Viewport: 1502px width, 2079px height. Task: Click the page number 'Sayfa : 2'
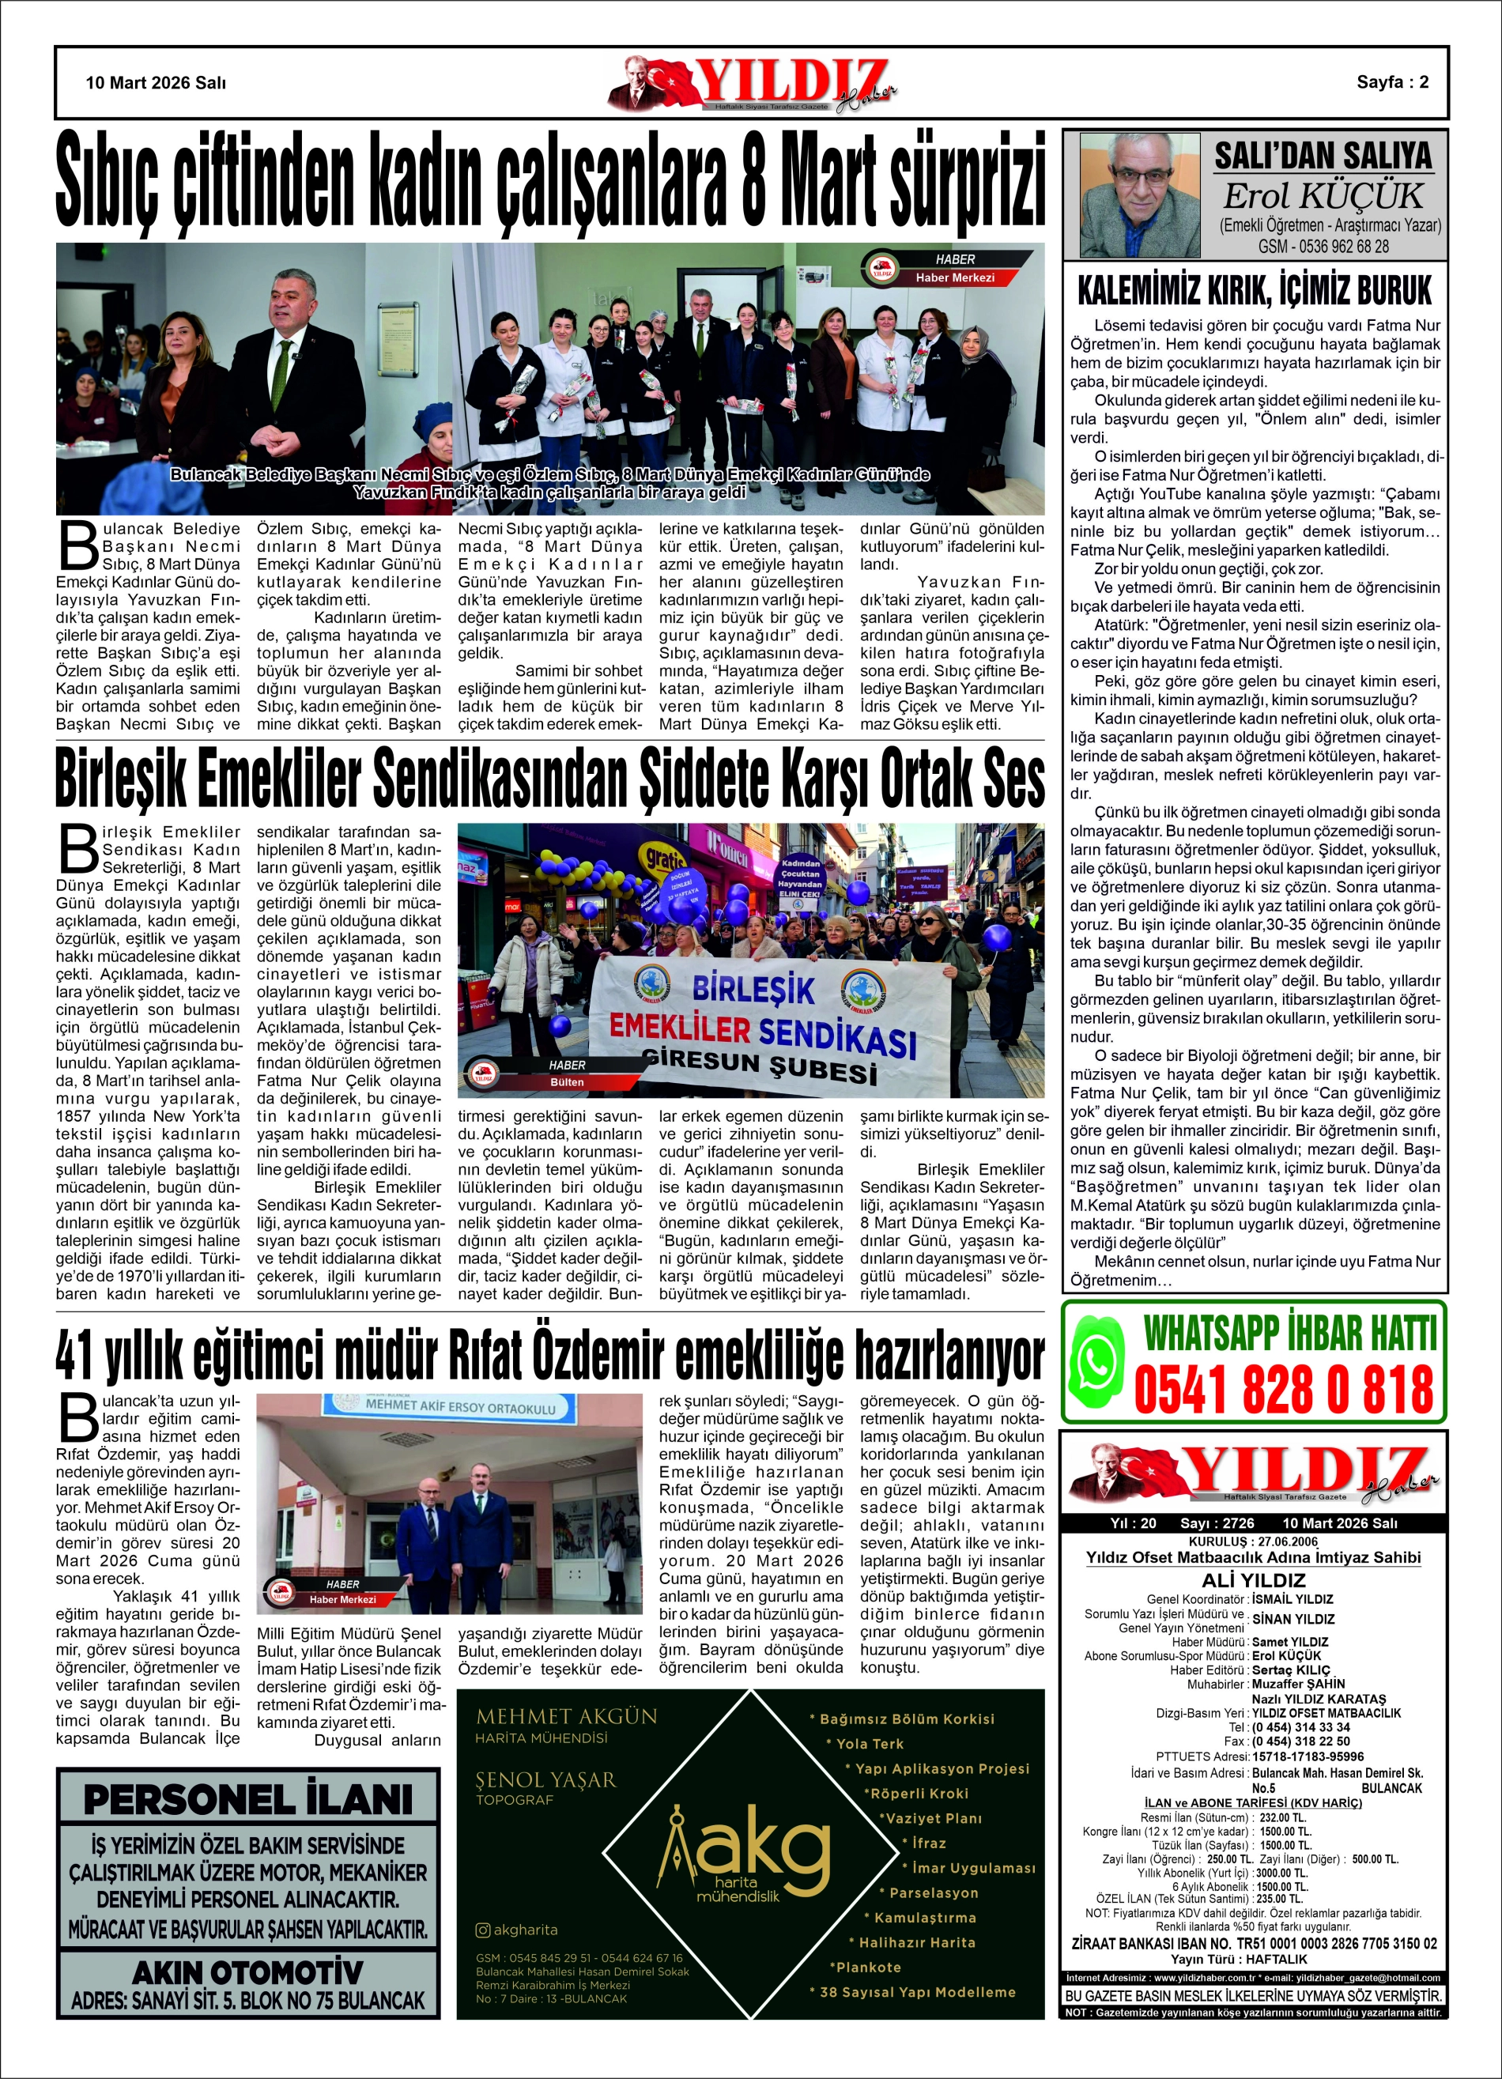click(1392, 81)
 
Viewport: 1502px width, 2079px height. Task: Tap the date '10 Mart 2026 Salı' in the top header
click(156, 82)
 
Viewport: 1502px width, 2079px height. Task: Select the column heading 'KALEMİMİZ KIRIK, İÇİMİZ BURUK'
click(1254, 292)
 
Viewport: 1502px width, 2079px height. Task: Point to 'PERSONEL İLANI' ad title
click(247, 1799)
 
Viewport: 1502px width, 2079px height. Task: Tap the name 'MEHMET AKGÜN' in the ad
click(567, 1716)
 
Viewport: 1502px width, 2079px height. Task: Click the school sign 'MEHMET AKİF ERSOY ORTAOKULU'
click(460, 1406)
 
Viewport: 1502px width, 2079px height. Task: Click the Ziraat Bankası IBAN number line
click(1254, 1943)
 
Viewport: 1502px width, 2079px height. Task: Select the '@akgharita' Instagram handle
click(517, 1930)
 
